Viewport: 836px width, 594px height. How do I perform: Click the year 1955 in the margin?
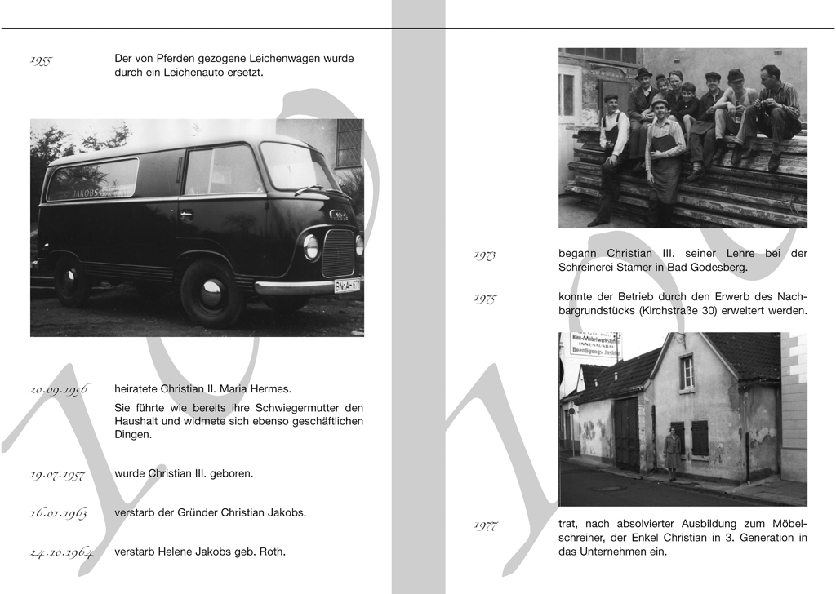tap(41, 60)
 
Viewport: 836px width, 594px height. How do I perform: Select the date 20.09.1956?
tap(59, 390)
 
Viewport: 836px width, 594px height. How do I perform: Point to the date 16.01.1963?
tap(58, 514)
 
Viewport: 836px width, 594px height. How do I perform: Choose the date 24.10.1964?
tap(61, 553)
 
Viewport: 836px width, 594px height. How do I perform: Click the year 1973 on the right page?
tap(485, 255)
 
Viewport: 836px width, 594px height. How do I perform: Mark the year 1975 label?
tap(485, 299)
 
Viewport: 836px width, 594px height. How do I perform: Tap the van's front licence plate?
tap(348, 285)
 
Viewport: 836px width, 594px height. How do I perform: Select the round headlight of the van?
tap(311, 246)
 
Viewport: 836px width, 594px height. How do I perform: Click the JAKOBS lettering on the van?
tap(91, 193)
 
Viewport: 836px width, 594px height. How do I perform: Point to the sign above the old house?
tap(594, 344)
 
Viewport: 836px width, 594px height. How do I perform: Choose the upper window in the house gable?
tap(687, 372)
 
